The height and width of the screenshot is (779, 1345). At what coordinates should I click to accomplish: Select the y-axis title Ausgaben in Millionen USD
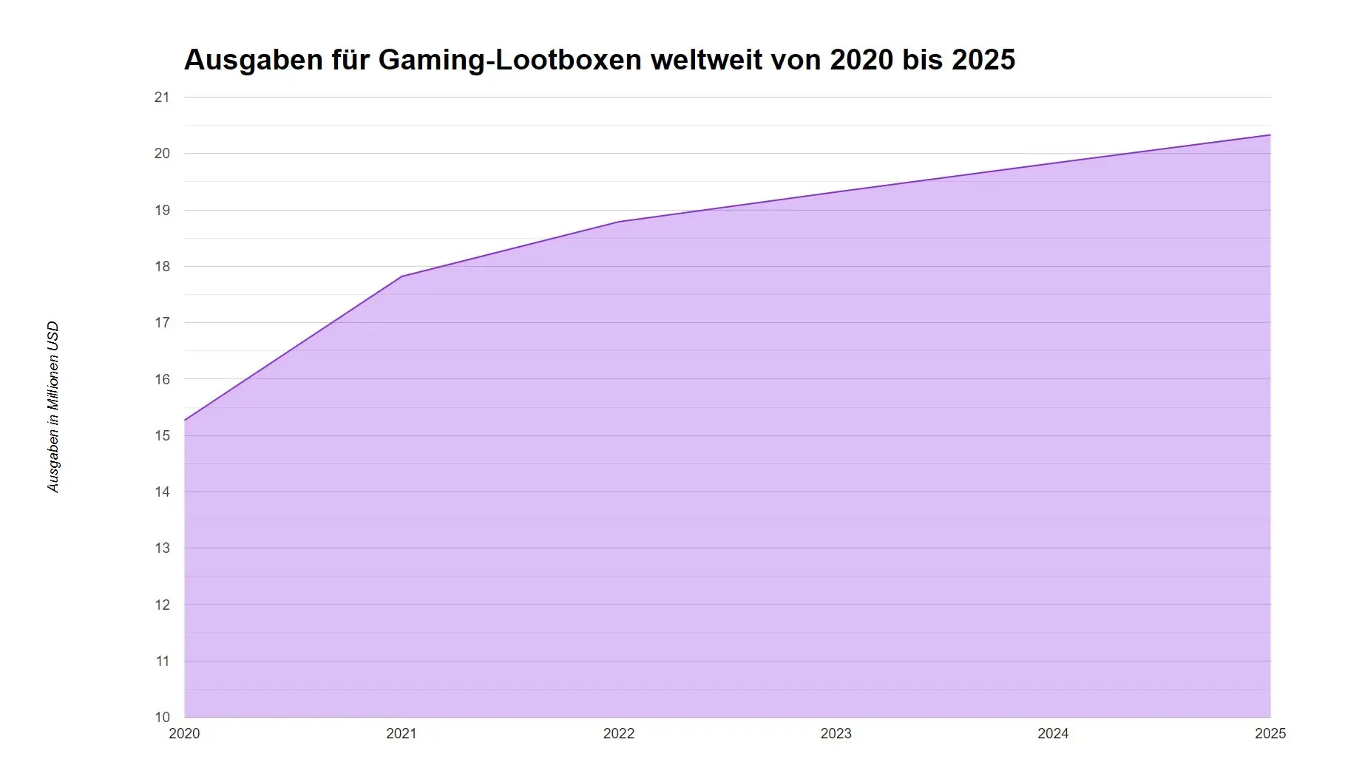pyautogui.click(x=53, y=407)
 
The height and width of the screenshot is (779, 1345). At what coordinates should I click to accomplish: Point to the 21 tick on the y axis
pyautogui.click(x=162, y=98)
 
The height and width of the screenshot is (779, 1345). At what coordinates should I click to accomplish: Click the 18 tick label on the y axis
pyautogui.click(x=162, y=267)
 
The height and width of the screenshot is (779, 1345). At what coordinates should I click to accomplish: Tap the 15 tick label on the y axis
pyautogui.click(x=162, y=436)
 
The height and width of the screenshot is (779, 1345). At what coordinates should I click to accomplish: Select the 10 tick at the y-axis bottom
pyautogui.click(x=162, y=717)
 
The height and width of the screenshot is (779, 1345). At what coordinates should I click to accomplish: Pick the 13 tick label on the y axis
pyautogui.click(x=162, y=548)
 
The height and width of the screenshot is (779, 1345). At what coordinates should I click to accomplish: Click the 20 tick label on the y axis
pyautogui.click(x=162, y=154)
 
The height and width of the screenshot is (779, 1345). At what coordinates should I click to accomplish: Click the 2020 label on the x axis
pyautogui.click(x=184, y=734)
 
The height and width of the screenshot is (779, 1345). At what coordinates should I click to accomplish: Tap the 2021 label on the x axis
pyautogui.click(x=402, y=734)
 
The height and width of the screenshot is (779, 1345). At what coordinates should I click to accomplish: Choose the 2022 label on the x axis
pyautogui.click(x=619, y=734)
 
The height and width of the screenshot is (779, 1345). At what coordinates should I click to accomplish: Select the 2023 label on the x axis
pyautogui.click(x=836, y=734)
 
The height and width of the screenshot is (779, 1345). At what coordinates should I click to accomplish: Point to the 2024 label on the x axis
pyautogui.click(x=1053, y=734)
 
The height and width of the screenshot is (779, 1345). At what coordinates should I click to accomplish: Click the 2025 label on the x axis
pyautogui.click(x=1270, y=734)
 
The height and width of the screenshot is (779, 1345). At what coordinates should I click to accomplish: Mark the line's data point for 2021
pyautogui.click(x=402, y=276)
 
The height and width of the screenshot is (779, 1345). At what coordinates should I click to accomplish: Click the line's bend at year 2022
pyautogui.click(x=619, y=222)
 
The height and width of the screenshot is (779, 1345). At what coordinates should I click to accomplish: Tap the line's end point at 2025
pyautogui.click(x=1270, y=135)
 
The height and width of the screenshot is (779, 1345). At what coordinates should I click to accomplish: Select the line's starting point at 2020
pyautogui.click(x=185, y=421)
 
